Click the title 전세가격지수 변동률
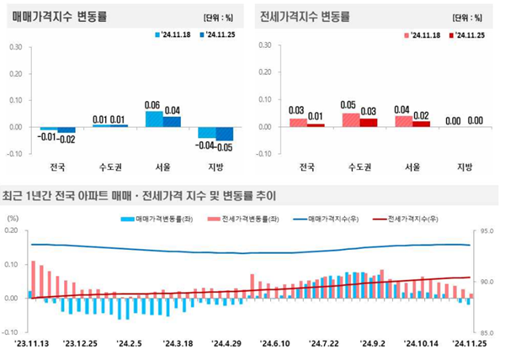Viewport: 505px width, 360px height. point(307,16)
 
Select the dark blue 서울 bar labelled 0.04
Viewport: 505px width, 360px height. point(172,121)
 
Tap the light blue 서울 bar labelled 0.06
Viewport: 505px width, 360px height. point(154,119)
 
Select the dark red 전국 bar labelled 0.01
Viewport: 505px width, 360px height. point(316,125)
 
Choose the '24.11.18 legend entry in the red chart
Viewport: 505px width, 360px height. point(425,35)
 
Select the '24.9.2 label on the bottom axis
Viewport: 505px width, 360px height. point(372,343)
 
